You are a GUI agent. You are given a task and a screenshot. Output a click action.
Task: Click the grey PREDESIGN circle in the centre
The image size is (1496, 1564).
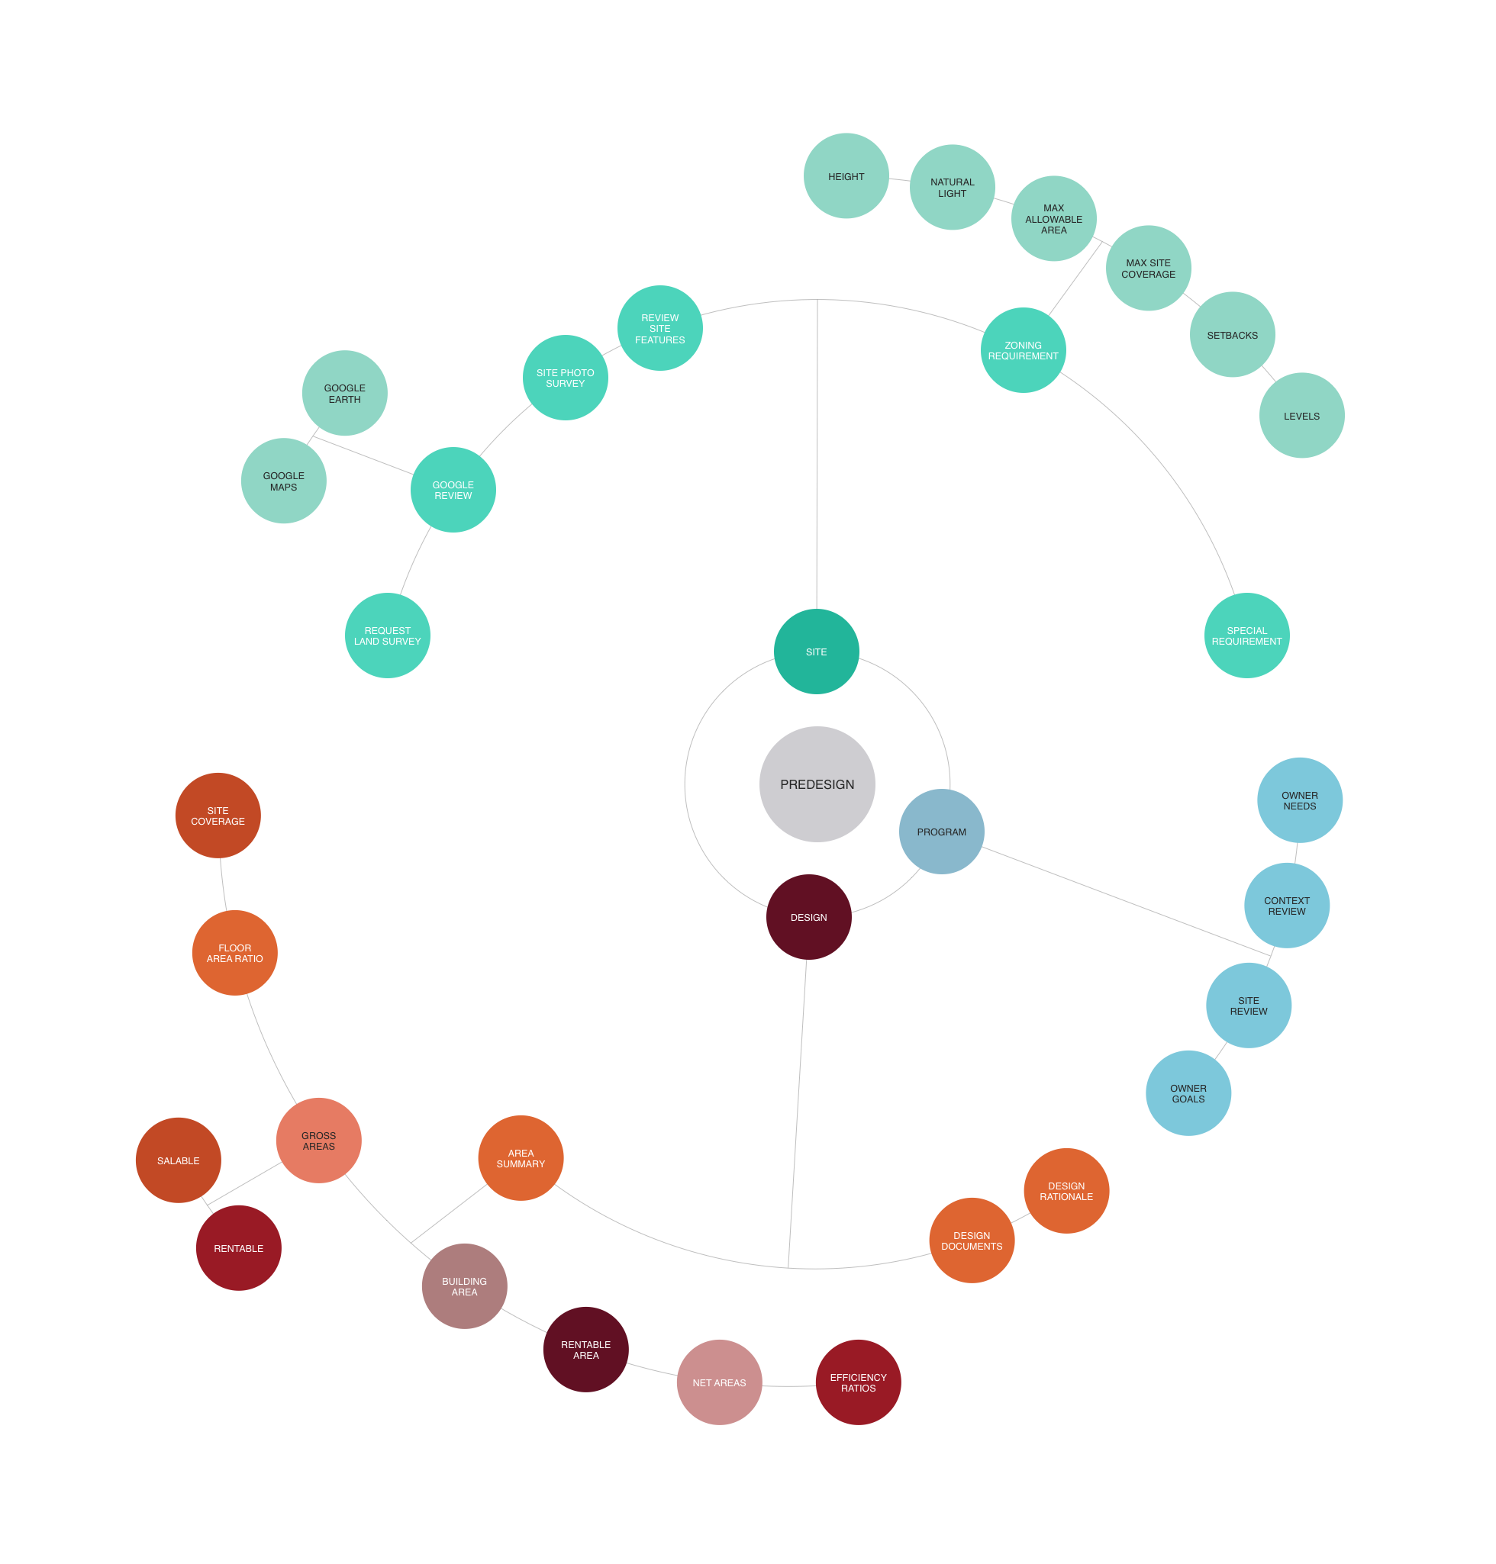click(x=817, y=784)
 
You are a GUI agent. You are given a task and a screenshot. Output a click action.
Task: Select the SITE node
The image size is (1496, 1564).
click(x=816, y=652)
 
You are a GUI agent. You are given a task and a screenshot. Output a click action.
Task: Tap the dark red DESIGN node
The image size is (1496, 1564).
click(x=808, y=917)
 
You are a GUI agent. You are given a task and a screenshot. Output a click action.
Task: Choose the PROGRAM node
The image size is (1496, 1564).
click(x=941, y=832)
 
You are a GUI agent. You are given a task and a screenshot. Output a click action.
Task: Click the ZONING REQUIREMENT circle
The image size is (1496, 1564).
click(x=1023, y=350)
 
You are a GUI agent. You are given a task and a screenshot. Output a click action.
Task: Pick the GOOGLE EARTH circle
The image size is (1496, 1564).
click(x=344, y=393)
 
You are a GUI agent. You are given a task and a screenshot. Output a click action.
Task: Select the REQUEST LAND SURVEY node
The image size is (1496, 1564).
click(x=388, y=636)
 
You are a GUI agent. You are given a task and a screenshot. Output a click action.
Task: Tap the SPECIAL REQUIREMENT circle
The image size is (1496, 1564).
click(x=1246, y=636)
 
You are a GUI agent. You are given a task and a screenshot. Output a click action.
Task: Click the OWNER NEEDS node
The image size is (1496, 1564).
click(x=1299, y=800)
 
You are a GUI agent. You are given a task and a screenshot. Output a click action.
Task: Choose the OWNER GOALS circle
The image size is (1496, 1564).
click(x=1188, y=1093)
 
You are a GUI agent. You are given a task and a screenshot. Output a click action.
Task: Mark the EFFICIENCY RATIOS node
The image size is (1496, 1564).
click(x=858, y=1382)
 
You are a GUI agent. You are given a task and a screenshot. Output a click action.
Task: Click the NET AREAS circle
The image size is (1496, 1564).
click(x=719, y=1382)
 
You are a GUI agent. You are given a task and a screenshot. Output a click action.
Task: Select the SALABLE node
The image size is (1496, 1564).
click(x=178, y=1160)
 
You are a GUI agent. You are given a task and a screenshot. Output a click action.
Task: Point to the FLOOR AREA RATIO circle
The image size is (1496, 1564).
click(x=234, y=953)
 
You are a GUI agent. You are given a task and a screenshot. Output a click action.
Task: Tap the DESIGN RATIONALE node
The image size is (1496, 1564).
click(x=1066, y=1191)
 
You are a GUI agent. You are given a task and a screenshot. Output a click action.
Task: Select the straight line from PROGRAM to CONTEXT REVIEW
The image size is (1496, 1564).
click(x=1124, y=899)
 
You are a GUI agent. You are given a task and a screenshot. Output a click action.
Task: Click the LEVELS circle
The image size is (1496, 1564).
click(x=1301, y=415)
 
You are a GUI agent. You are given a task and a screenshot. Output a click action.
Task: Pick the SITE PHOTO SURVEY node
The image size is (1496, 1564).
click(x=566, y=378)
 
